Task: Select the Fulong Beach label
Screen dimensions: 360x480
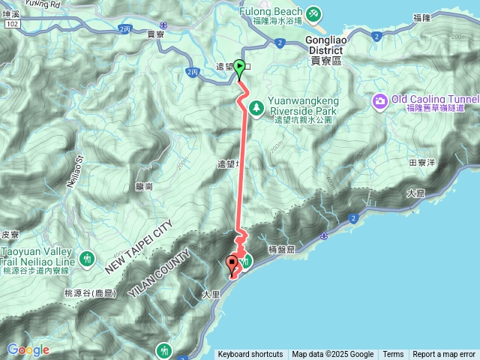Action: pos(270,12)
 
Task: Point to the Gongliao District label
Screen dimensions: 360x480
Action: pos(324,49)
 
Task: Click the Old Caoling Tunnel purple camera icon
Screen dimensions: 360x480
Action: pos(381,100)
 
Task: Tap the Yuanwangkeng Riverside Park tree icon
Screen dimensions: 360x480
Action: pos(256,108)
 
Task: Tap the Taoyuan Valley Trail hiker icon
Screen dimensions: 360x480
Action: pos(88,258)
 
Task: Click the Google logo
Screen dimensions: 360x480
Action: pos(28,349)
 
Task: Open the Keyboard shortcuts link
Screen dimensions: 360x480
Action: pos(250,355)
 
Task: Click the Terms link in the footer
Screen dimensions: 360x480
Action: pos(393,355)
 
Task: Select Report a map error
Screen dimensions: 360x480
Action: pos(444,355)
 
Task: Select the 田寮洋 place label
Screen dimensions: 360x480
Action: pos(421,162)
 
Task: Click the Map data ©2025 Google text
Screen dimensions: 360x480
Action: pos(332,355)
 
